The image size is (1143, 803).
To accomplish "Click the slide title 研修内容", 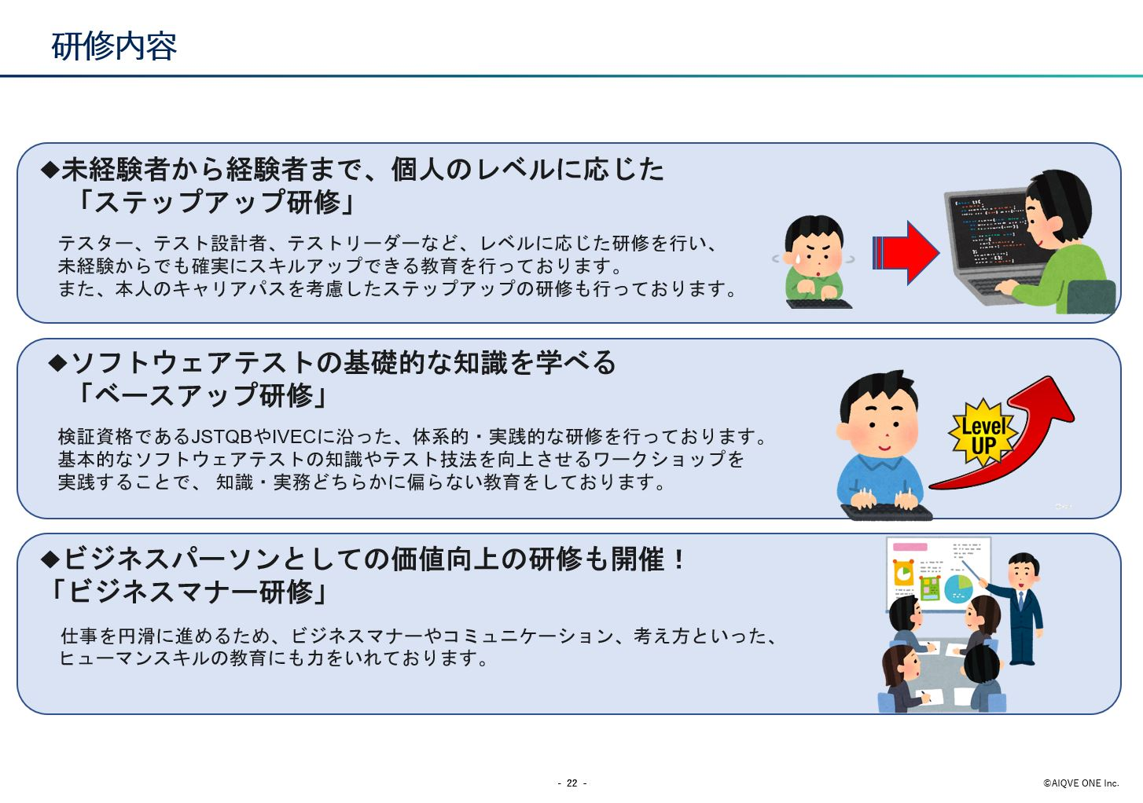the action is point(114,46).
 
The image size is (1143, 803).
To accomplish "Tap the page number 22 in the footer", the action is point(572,783).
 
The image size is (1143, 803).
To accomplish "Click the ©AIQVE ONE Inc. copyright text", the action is point(1081,783).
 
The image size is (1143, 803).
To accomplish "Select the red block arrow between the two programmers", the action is point(906,252).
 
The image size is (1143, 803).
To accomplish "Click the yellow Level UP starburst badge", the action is point(983,433).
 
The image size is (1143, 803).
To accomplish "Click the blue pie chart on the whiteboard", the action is point(958,589).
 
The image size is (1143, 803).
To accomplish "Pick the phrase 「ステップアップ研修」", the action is point(215,201).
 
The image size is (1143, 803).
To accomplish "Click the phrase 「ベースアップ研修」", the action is point(201,395).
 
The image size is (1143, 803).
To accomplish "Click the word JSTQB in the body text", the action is point(222,437).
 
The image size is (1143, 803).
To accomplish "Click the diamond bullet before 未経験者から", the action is point(50,169).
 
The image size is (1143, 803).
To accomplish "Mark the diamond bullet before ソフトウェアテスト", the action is point(57,363).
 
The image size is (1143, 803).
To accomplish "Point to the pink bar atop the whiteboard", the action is point(910,547).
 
